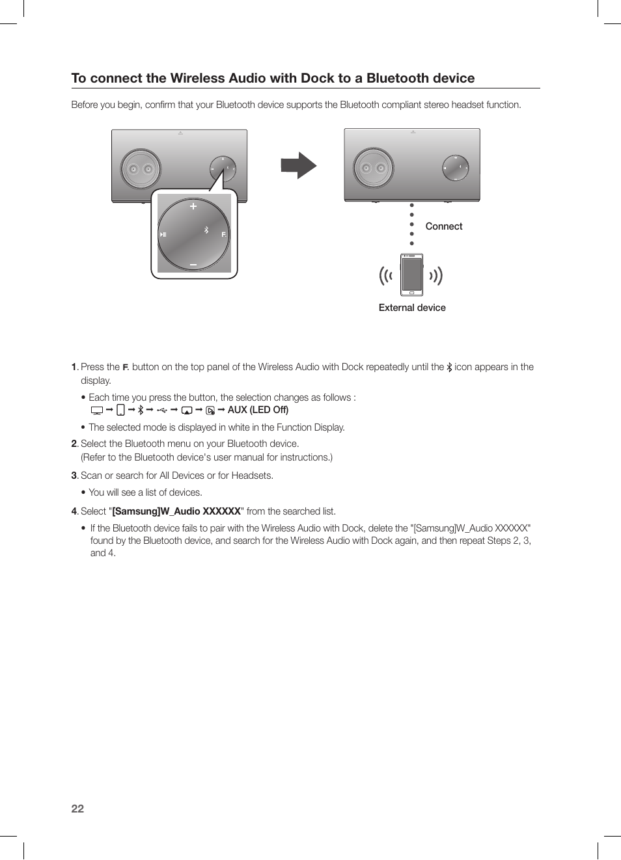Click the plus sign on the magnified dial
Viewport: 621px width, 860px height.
pyautogui.click(x=193, y=206)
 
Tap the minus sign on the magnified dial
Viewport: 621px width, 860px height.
pyautogui.click(x=193, y=265)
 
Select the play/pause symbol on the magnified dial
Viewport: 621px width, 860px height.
pyautogui.click(x=163, y=234)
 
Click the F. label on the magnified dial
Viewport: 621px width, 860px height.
pyautogui.click(x=224, y=234)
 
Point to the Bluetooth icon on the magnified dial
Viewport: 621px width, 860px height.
pyautogui.click(x=206, y=230)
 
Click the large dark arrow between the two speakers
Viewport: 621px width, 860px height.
pyautogui.click(x=298, y=165)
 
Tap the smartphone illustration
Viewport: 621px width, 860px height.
pyautogui.click(x=411, y=275)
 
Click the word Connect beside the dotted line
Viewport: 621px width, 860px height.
pyautogui.click(x=444, y=226)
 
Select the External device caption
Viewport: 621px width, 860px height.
pyautogui.click(x=412, y=308)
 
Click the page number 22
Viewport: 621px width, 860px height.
pyautogui.click(x=77, y=809)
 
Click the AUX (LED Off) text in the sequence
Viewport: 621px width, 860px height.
pyautogui.click(x=258, y=410)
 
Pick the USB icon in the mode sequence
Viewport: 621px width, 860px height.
pyautogui.click(x=162, y=410)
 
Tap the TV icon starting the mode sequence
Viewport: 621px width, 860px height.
pyautogui.click(x=97, y=410)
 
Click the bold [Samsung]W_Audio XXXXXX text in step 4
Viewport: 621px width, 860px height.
pyautogui.click(x=176, y=511)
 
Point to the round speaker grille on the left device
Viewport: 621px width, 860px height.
pyautogui.click(x=141, y=169)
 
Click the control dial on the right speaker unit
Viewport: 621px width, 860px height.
pyautogui.click(x=455, y=168)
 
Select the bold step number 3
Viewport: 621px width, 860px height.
pyautogui.click(x=74, y=476)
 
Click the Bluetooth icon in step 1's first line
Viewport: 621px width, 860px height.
pyautogui.click(x=449, y=367)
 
